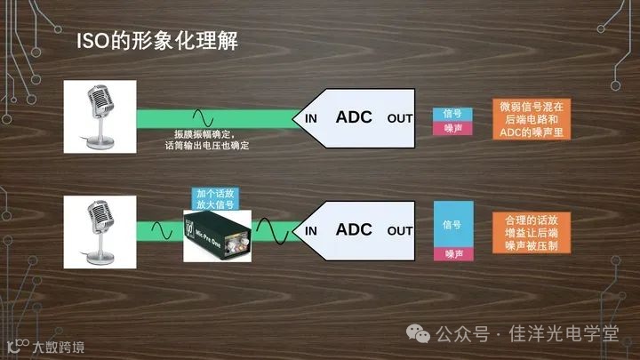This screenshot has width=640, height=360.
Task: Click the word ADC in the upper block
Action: [x=353, y=116]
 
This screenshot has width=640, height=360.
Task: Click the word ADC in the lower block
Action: [x=353, y=229]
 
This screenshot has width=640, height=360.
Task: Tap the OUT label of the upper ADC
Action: [x=400, y=118]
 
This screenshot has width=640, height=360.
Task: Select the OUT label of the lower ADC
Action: [x=400, y=231]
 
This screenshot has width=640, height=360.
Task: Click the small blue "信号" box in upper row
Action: [x=452, y=114]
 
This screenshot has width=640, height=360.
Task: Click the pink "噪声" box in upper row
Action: [x=452, y=128]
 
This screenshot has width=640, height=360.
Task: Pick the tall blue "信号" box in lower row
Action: [x=452, y=225]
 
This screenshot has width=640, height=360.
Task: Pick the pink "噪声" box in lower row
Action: [x=452, y=254]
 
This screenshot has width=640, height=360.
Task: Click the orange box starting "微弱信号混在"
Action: [x=533, y=118]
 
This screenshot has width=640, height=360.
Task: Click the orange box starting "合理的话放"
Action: [x=533, y=230]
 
